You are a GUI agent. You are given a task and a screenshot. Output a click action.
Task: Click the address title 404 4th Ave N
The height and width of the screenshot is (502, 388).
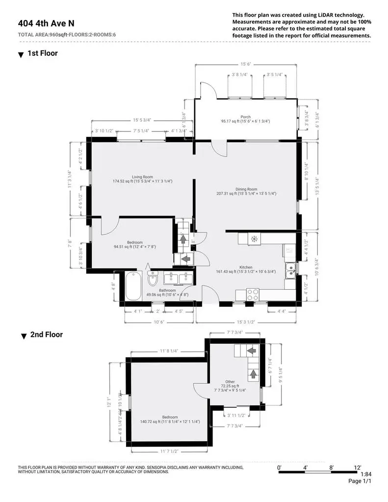[46, 23]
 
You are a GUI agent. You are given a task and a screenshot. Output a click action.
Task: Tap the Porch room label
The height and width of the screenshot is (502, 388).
[245, 117]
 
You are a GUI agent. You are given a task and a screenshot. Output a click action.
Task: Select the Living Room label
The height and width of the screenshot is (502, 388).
[142, 177]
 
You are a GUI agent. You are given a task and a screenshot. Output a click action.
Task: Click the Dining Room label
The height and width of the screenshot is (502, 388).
[246, 189]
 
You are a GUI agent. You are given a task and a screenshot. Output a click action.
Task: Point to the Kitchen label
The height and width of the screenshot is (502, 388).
[245, 267]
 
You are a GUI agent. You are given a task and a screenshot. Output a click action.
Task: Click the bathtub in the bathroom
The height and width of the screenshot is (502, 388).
[134, 287]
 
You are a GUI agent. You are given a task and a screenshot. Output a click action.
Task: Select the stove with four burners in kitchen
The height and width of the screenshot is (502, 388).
[253, 295]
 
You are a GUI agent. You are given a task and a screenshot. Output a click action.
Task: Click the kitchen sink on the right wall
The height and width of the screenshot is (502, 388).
[291, 270]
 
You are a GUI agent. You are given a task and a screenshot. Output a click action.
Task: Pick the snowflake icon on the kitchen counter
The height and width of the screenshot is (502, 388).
[254, 239]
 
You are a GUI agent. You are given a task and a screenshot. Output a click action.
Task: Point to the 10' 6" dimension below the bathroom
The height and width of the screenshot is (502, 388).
[159, 322]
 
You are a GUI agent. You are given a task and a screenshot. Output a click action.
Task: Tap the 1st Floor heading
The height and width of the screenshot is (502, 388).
[42, 53]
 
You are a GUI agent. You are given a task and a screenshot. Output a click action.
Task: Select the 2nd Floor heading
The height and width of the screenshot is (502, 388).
[47, 335]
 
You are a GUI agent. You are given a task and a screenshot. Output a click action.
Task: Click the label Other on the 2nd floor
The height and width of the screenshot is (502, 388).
[230, 381]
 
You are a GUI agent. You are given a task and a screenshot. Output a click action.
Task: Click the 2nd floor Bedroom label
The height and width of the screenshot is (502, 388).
[170, 417]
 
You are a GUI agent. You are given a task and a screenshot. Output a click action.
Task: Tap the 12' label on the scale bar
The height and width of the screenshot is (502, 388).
[357, 468]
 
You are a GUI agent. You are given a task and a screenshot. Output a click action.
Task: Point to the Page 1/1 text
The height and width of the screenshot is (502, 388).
[361, 482]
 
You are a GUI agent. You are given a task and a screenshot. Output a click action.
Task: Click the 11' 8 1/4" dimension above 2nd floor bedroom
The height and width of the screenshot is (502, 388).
[168, 351]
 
